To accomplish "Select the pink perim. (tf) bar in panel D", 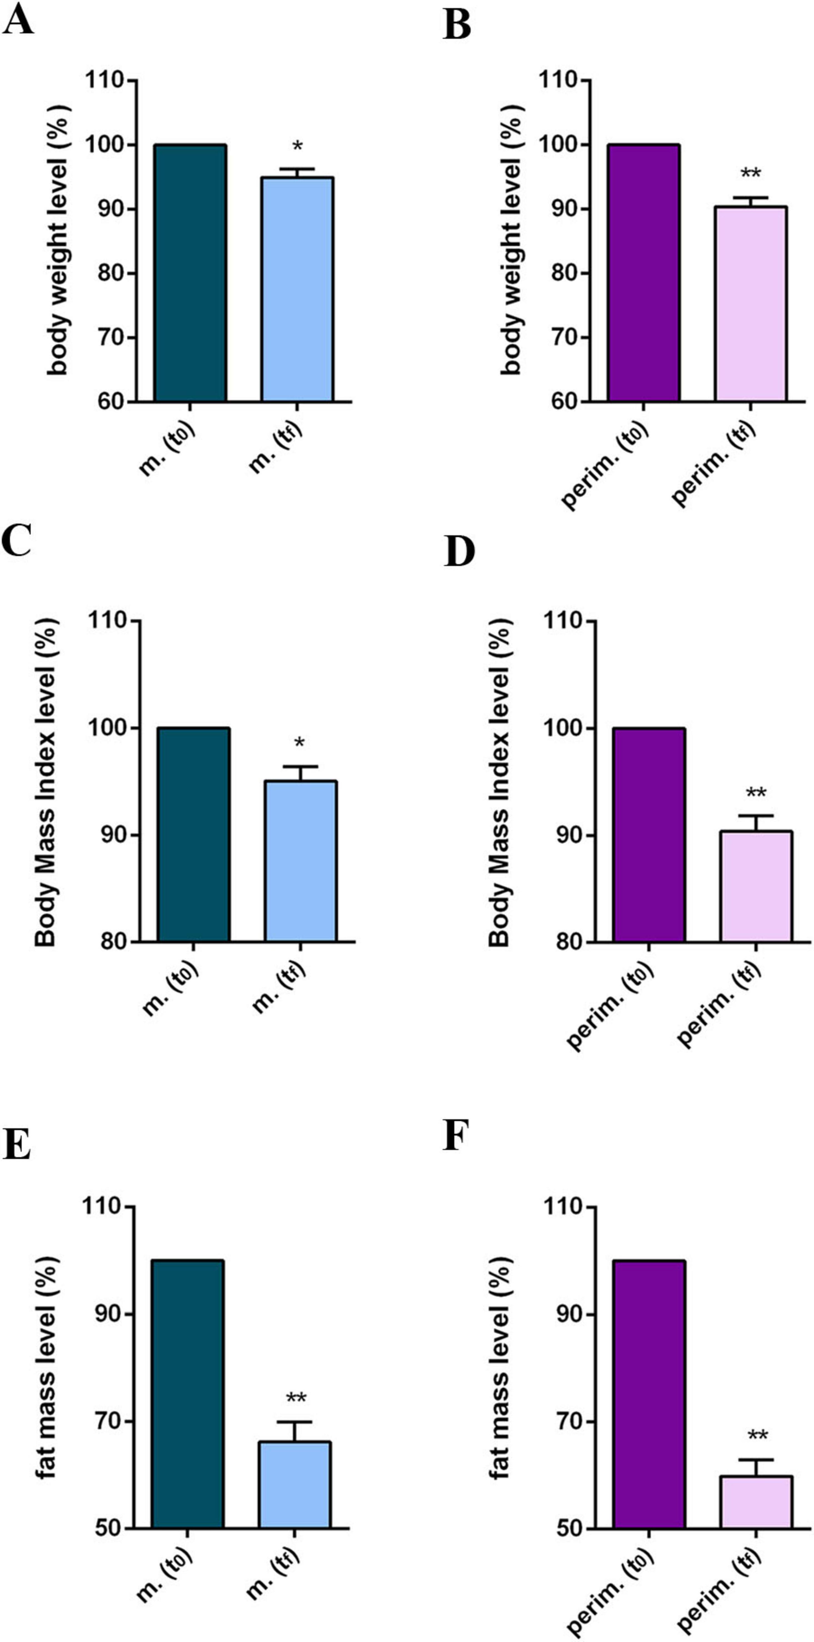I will point(756,886).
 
